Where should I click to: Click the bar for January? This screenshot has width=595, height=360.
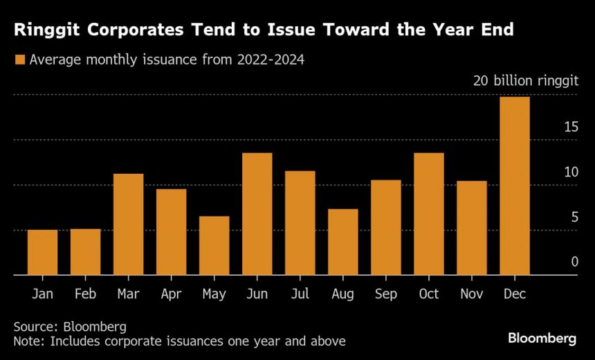(42, 253)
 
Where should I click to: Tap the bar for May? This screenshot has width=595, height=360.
(214, 246)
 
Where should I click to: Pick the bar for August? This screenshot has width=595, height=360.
(342, 242)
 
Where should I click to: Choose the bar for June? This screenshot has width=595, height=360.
(257, 214)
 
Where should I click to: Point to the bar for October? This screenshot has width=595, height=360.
(428, 214)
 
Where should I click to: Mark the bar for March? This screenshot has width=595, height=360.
(128, 224)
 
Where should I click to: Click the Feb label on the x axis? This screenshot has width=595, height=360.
(85, 294)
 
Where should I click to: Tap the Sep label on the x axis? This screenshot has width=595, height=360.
(385, 294)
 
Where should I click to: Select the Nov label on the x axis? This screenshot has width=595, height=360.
(471, 294)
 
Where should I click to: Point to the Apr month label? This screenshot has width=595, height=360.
(171, 294)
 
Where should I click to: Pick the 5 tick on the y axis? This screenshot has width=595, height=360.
(574, 217)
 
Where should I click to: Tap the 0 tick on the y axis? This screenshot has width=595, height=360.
(574, 262)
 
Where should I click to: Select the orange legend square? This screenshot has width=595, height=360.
(19, 60)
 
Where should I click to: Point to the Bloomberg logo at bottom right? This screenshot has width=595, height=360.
(542, 339)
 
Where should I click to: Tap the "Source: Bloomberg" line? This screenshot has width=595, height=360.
(70, 326)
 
